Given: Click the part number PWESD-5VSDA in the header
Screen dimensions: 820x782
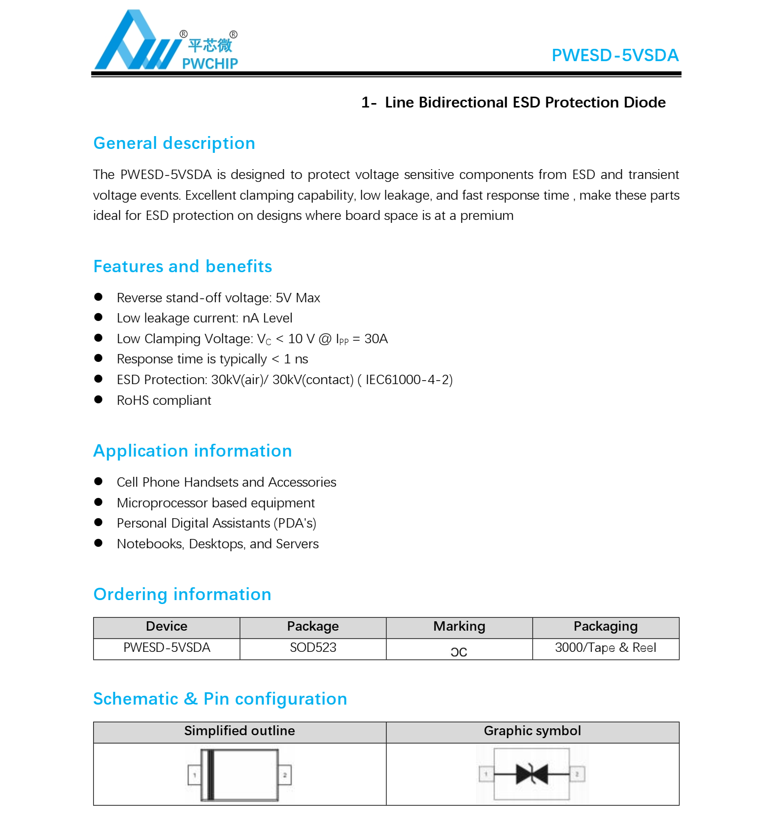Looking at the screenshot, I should coord(614,55).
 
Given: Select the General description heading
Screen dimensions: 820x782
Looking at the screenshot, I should coord(174,143).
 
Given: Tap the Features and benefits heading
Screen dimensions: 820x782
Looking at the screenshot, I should coord(182,266).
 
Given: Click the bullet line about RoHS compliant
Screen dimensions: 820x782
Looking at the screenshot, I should coord(164,400).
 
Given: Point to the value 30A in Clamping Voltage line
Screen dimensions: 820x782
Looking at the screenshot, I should coord(376,339).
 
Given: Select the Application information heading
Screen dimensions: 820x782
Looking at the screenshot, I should coord(192,451).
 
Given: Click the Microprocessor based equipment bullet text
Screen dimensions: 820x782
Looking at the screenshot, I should coord(215,503).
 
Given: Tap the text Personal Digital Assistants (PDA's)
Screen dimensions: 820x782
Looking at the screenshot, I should coord(216,523).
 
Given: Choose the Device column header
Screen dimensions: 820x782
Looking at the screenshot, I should coord(167,627).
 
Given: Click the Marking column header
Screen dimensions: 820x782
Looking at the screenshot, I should coord(459,627).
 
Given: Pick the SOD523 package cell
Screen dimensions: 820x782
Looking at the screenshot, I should coord(313,648).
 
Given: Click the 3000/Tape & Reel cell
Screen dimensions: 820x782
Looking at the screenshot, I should coord(605,648).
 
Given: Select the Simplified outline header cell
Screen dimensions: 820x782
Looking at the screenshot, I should coord(239,731).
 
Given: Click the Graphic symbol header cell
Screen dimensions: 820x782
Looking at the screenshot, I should coord(532,731).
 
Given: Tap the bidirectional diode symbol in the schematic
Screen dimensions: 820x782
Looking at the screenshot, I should coord(532,774).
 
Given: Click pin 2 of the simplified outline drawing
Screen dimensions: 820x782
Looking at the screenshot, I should coord(285,775).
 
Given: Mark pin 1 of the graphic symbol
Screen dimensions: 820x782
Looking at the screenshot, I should coord(486,774).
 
